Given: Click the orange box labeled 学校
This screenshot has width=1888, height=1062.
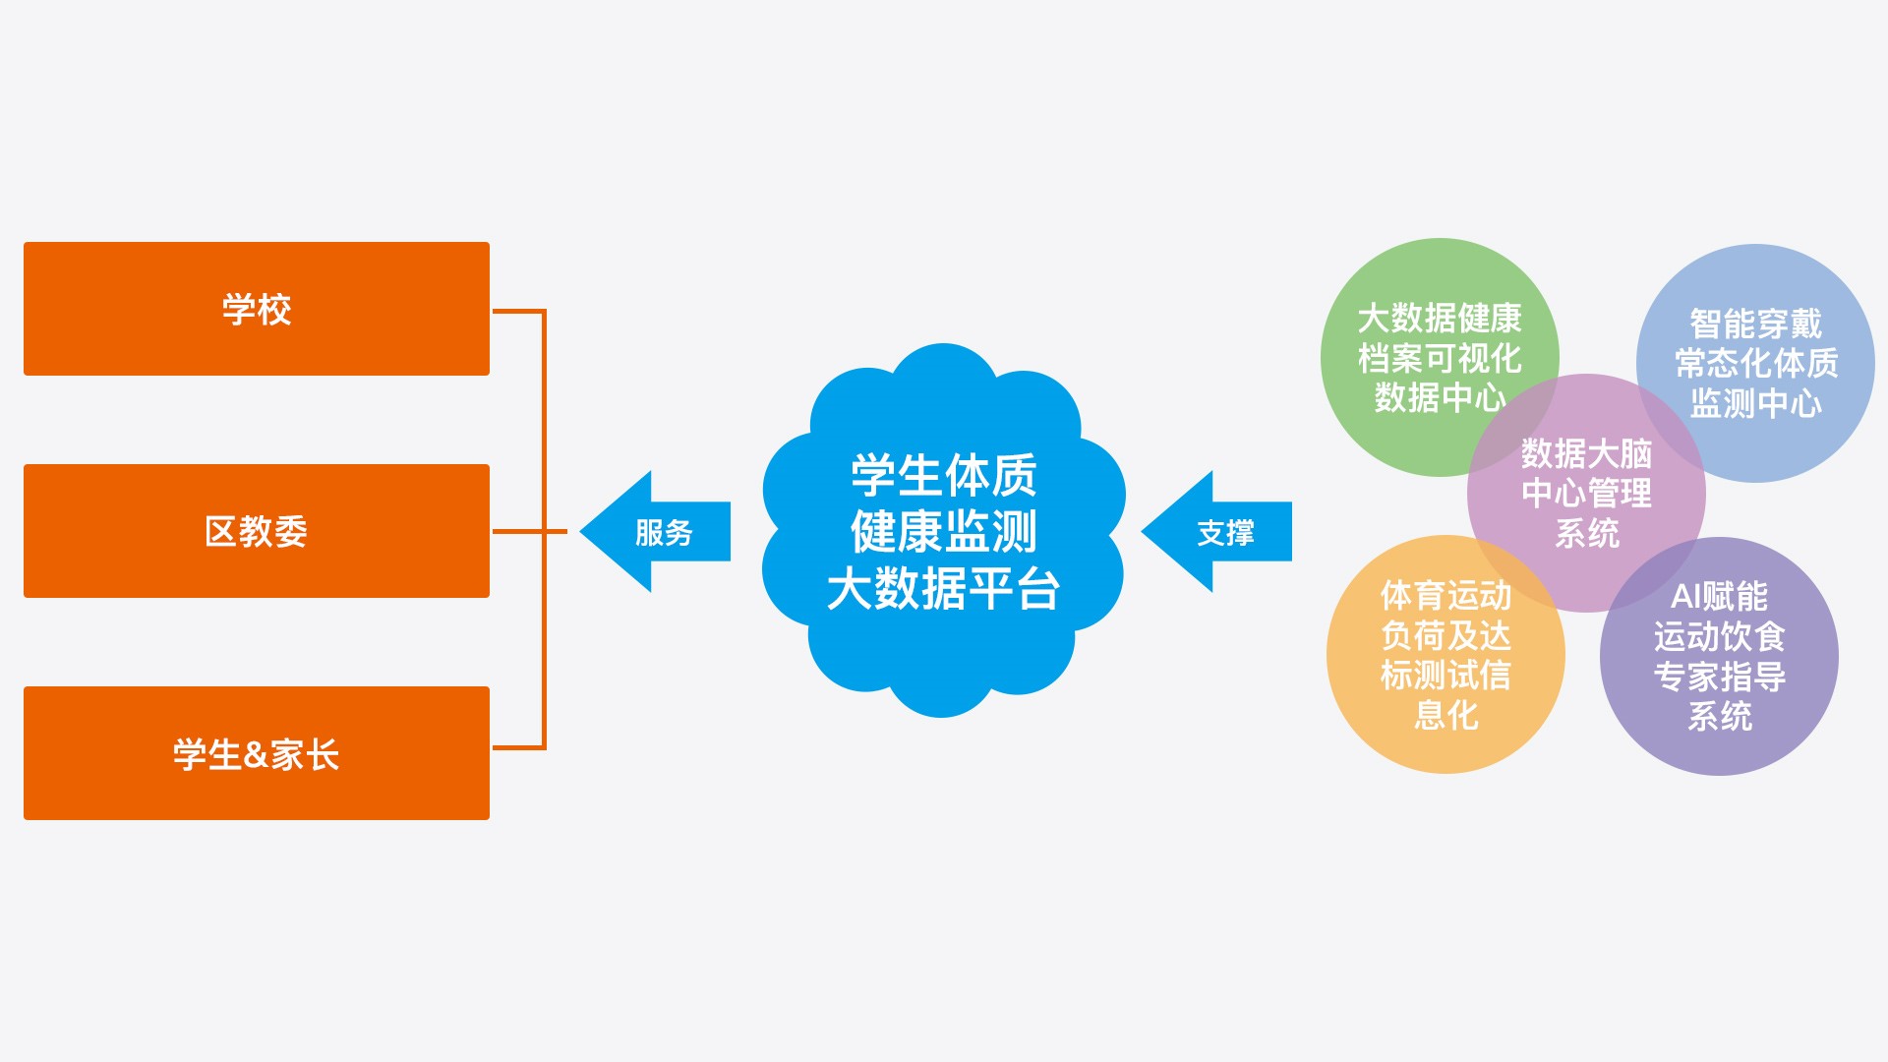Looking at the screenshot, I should (x=256, y=309).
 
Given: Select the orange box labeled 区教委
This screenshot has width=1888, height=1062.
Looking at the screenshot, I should (x=256, y=531).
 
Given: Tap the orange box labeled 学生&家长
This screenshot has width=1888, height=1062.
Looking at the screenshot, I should (x=256, y=753).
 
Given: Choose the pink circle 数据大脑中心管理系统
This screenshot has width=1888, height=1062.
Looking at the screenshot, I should (x=1586, y=493).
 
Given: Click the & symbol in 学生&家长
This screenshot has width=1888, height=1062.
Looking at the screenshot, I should (x=256, y=754).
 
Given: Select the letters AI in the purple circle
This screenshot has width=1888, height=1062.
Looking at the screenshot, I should (x=1685, y=596).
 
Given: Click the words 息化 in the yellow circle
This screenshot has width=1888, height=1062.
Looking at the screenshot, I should (x=1445, y=715).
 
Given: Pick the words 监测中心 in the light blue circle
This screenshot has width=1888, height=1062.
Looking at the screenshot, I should (x=1755, y=403).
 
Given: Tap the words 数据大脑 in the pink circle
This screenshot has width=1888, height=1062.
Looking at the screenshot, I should (x=1586, y=453).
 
